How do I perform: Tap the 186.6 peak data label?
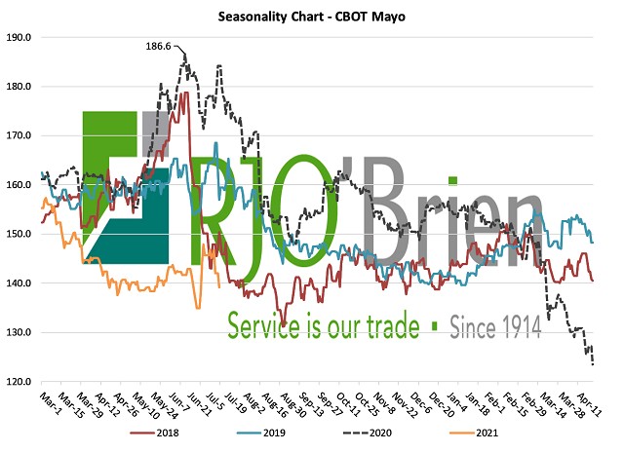[159, 46]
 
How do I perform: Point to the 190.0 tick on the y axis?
[19, 37]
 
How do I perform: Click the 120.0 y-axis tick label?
[19, 382]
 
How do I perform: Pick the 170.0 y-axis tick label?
[19, 135]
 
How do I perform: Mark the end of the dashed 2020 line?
[594, 364]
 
